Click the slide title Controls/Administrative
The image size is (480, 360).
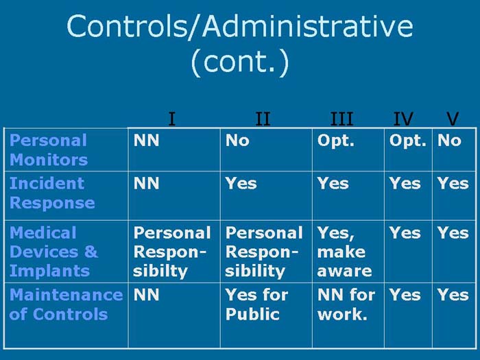(x=240, y=26)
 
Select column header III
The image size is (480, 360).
(x=341, y=119)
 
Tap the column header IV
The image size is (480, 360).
(x=403, y=119)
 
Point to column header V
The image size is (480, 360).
(x=451, y=119)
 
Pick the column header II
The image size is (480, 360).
(x=263, y=119)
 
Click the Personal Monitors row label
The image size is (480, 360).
(x=49, y=150)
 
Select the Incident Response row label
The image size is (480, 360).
(x=52, y=193)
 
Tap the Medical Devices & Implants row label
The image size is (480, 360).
(x=54, y=252)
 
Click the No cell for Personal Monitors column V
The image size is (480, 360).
(x=449, y=141)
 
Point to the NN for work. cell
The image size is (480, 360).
(x=346, y=304)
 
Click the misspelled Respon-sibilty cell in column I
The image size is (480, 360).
(x=171, y=252)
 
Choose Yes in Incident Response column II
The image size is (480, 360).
(x=241, y=183)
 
